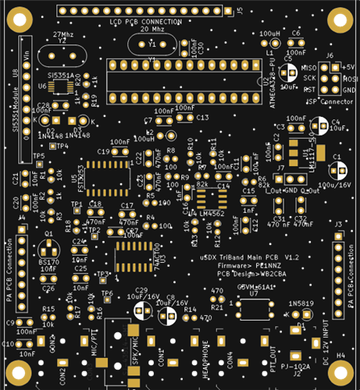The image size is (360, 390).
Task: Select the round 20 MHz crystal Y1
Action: tap(153, 46)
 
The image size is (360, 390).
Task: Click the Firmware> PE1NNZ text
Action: tap(246, 265)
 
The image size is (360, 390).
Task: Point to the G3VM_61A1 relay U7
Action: tap(253, 306)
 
